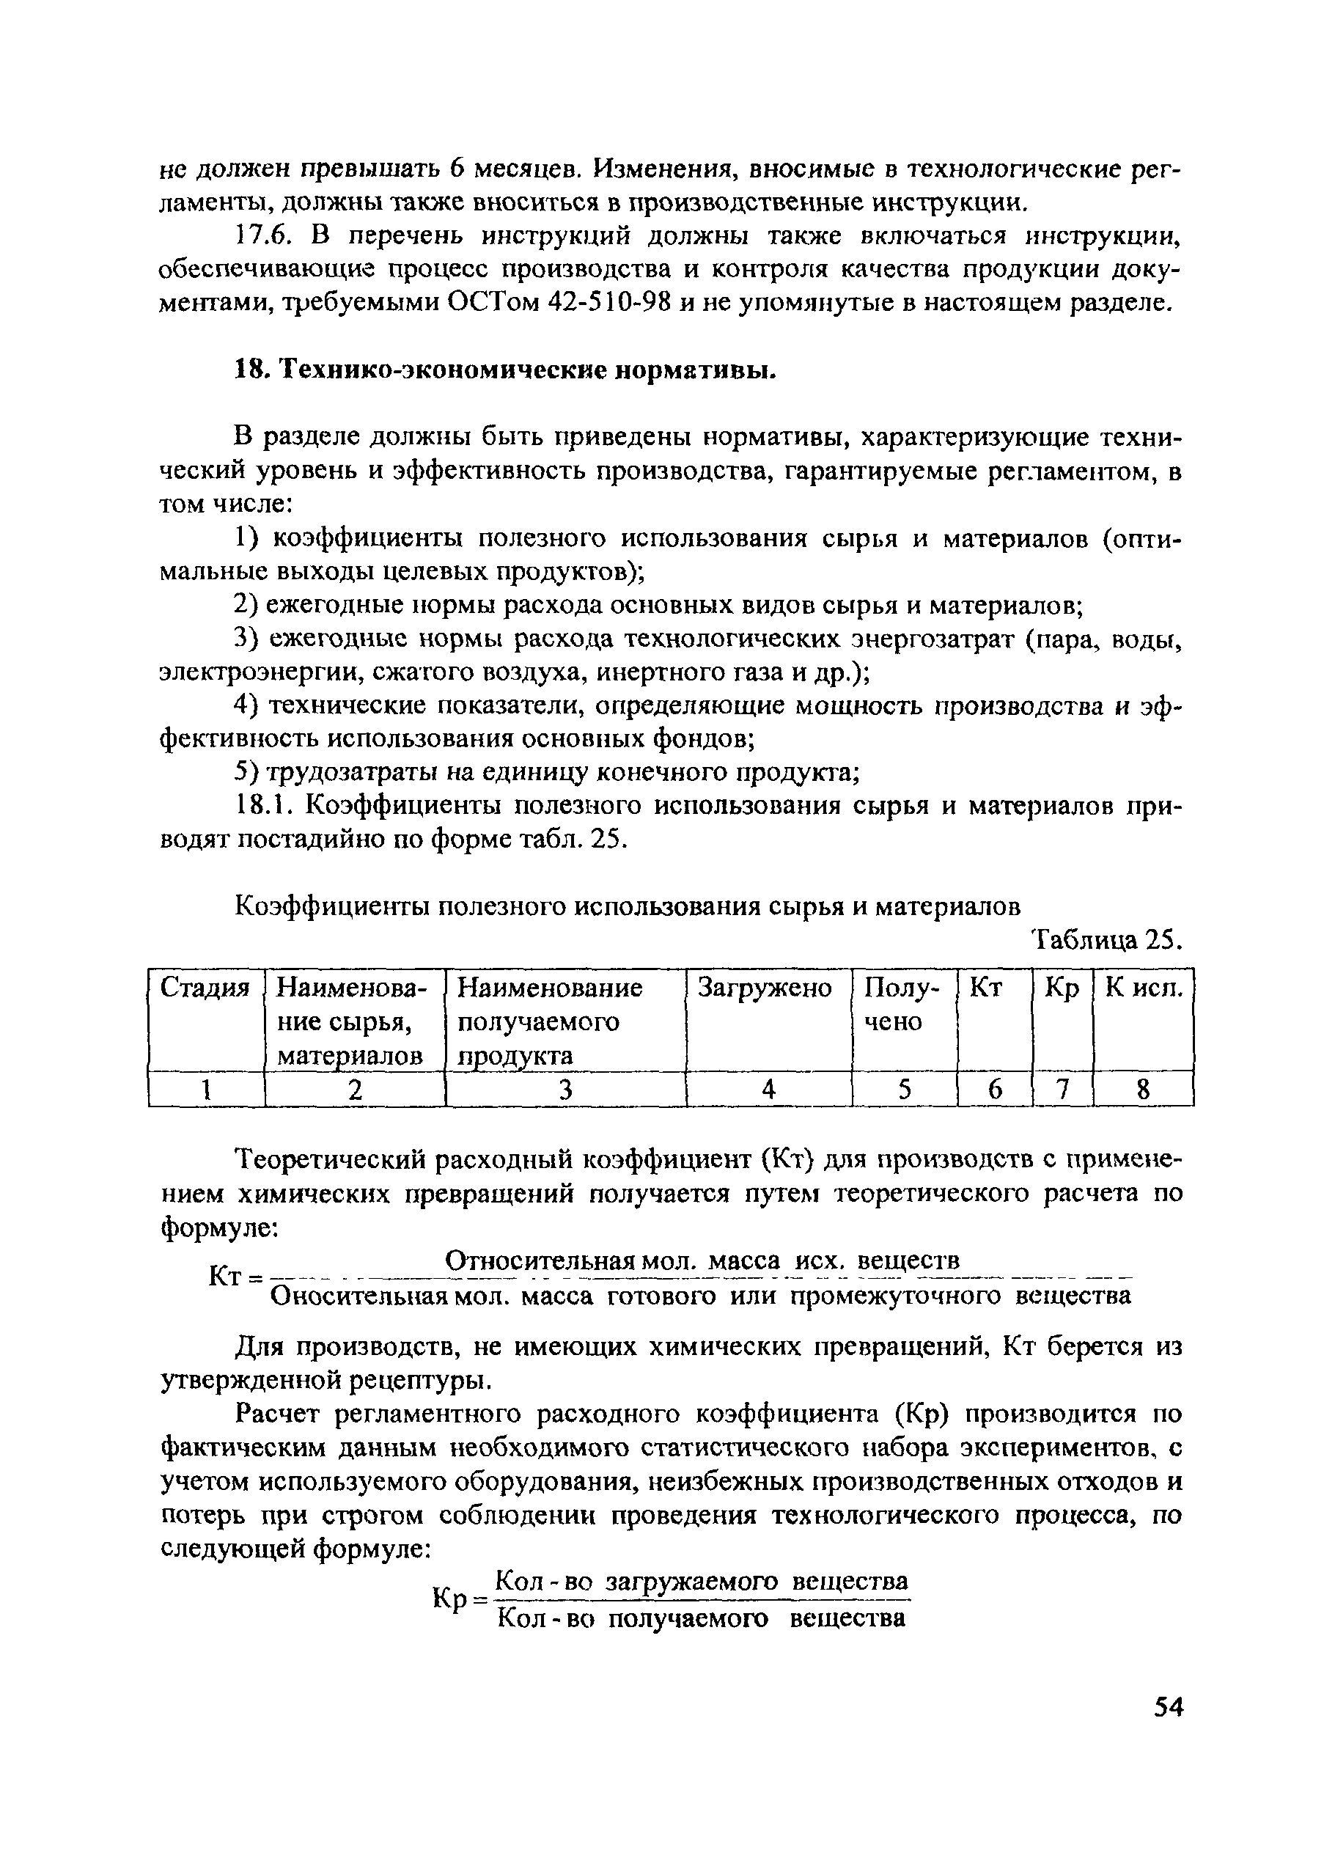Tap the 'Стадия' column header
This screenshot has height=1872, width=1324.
coord(205,988)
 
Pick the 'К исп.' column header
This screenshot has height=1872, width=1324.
coord(1142,988)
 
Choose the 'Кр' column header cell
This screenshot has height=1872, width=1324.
coord(1062,988)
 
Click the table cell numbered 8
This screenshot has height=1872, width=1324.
coord(1142,1090)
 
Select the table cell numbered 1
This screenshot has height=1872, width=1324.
coord(207,1090)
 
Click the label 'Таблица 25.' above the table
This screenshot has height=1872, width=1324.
coord(1106,941)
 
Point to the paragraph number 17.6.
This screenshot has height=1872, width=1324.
coord(262,236)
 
